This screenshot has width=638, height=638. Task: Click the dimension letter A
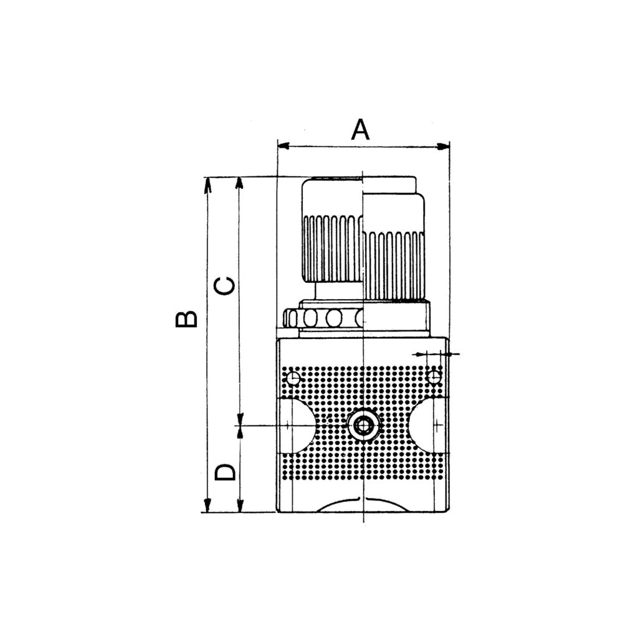click(x=361, y=130)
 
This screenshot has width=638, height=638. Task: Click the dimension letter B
click(x=186, y=318)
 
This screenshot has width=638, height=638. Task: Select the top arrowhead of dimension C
click(x=239, y=184)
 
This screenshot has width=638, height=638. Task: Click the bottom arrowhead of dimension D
click(x=239, y=505)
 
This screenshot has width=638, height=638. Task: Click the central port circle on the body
click(x=362, y=426)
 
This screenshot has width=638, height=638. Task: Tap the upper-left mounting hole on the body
click(x=292, y=378)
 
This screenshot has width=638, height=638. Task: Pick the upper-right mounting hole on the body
click(x=434, y=376)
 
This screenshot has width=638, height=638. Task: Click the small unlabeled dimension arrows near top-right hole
click(x=436, y=354)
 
